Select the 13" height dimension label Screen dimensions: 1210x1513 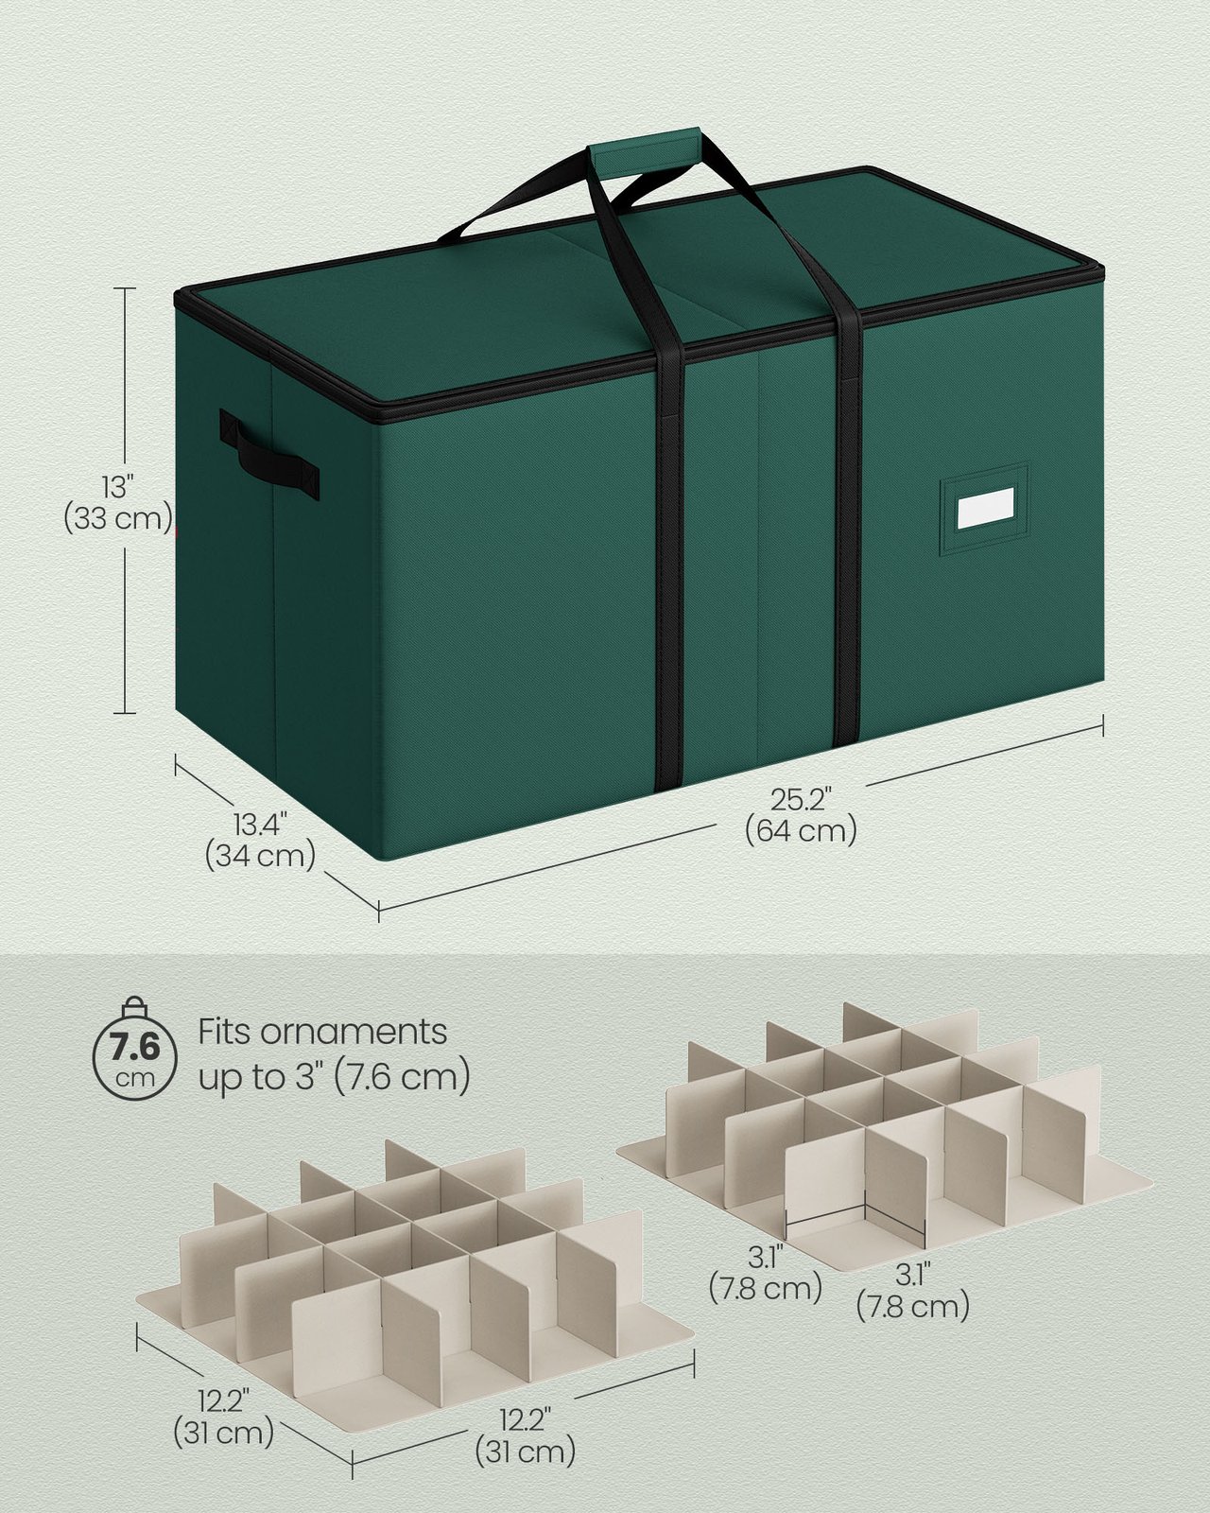pyautogui.click(x=116, y=485)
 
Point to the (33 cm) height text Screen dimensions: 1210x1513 pyautogui.click(x=118, y=519)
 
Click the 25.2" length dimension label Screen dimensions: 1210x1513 pyautogui.click(x=801, y=798)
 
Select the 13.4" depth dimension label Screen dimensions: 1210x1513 pyautogui.click(x=259, y=824)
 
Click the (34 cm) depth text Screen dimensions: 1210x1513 pyautogui.click(x=259, y=857)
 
